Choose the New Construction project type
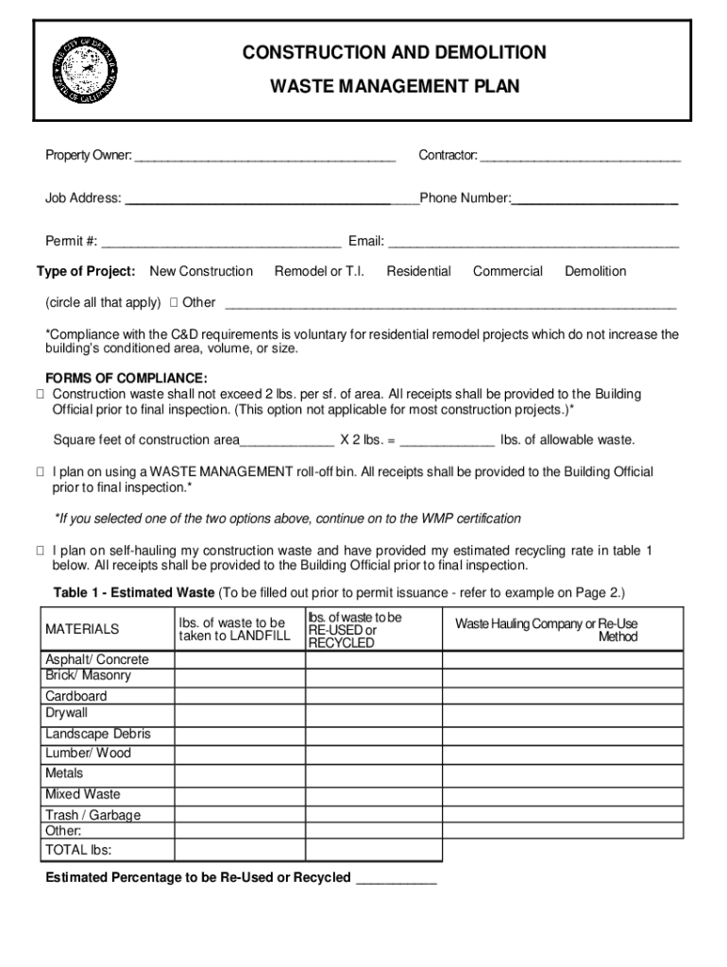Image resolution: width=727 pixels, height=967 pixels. pyautogui.click(x=201, y=271)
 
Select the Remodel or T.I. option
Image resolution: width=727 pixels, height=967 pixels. pyautogui.click(x=319, y=271)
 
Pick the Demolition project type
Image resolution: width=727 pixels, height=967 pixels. pyautogui.click(x=595, y=271)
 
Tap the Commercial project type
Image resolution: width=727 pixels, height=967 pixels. pyautogui.click(x=508, y=271)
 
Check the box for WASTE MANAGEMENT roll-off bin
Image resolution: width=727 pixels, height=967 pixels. pyautogui.click(x=41, y=472)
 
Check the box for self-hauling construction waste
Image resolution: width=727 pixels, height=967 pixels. pyautogui.click(x=41, y=551)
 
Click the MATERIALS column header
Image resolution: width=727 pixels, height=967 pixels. pyautogui.click(x=82, y=629)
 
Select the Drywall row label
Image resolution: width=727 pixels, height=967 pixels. pyautogui.click(x=66, y=713)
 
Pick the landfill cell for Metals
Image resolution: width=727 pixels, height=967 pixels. pyautogui.click(x=239, y=773)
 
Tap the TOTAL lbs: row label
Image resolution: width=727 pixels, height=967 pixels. pyautogui.click(x=78, y=850)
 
